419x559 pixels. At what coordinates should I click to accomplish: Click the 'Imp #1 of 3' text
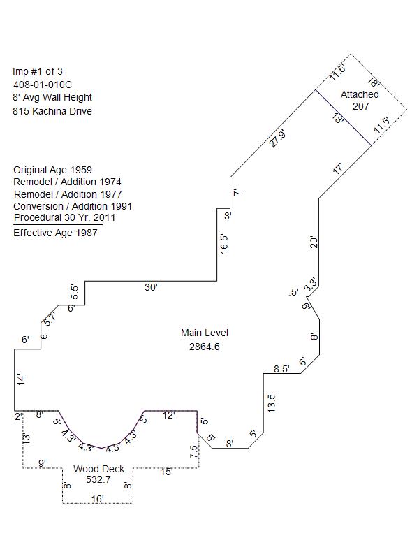pos(38,71)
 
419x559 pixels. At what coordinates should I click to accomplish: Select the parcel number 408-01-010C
pos(43,85)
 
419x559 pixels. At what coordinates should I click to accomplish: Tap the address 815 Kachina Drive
pos(52,111)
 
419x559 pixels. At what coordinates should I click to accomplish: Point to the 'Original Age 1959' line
pos(52,170)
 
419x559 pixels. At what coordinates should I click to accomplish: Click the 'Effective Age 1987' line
pos(55,233)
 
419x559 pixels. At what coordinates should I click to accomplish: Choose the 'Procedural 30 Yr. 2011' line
pos(64,217)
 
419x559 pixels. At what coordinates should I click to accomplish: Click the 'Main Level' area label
pos(204,333)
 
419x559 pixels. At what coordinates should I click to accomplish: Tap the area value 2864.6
pos(204,347)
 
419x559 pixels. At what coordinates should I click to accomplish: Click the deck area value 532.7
pos(98,480)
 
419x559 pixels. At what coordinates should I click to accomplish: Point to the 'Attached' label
pos(360,94)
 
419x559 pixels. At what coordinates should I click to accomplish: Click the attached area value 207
pos(360,106)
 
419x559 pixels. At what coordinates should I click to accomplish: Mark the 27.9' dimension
pos(278,139)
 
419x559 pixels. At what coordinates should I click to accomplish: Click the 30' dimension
pos(151,287)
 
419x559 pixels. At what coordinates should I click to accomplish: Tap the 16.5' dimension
pos(225,244)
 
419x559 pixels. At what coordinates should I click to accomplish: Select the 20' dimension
pos(314,242)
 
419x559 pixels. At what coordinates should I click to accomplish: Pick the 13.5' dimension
pos(272,401)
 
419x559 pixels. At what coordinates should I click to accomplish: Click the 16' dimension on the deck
pos(98,498)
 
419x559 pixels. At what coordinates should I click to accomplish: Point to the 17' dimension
pos(338,169)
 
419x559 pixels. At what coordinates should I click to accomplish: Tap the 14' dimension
pos(21,379)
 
